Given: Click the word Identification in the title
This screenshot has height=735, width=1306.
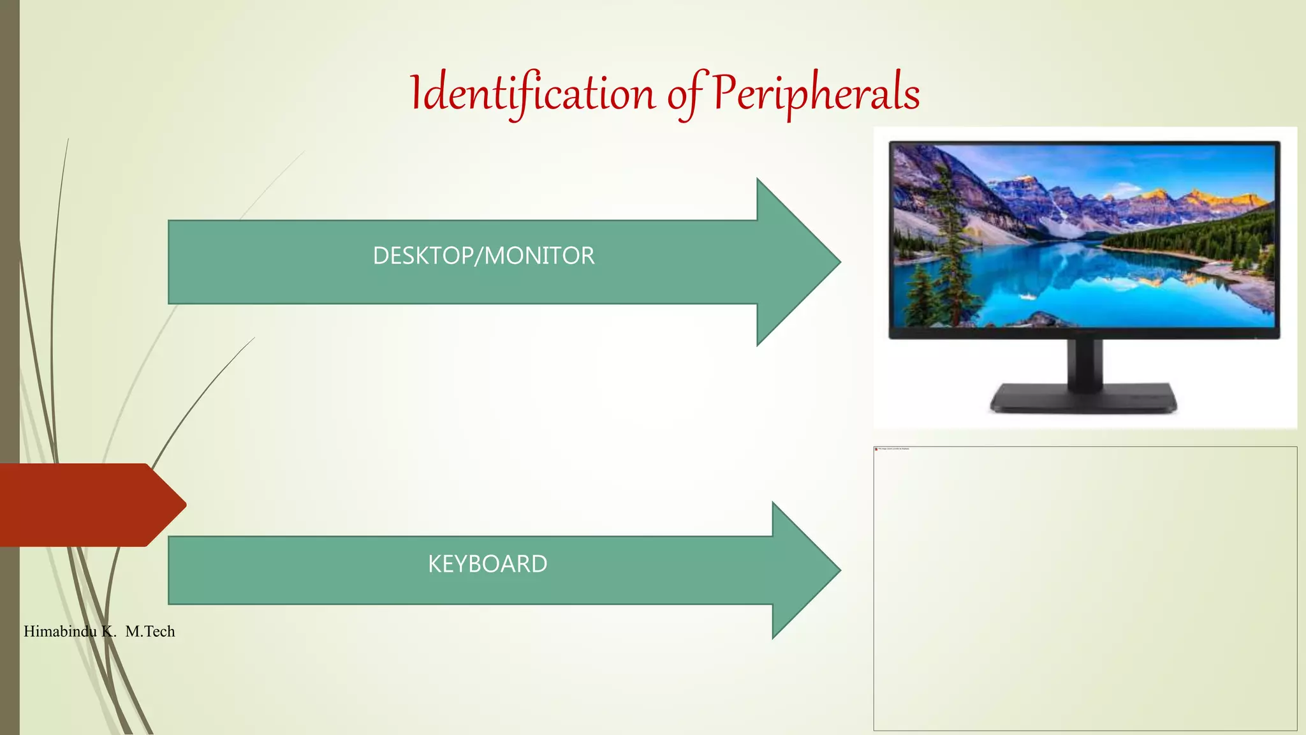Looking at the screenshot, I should (532, 94).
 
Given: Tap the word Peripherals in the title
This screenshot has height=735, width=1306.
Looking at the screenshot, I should (816, 93).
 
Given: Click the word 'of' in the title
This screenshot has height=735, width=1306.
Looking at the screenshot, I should (686, 94).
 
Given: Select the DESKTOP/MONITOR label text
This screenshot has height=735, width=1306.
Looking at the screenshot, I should (483, 256).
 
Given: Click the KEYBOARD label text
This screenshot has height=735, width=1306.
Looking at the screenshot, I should (487, 564).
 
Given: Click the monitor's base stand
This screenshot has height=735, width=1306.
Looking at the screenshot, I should (1083, 399).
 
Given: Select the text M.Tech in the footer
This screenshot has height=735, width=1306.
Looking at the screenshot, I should (150, 632).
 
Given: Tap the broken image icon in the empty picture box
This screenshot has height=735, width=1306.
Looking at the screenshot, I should (876, 449).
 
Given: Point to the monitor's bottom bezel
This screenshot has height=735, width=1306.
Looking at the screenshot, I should (1084, 333).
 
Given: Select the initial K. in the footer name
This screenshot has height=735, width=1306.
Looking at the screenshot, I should (108, 632).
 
